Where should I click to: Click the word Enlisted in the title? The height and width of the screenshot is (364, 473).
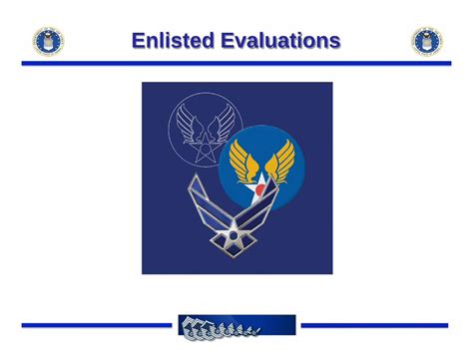click(173, 40)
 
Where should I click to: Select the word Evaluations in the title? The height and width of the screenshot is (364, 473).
click(280, 40)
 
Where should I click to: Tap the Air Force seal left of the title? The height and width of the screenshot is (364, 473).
click(48, 41)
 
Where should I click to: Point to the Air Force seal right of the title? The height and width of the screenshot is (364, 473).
click(427, 41)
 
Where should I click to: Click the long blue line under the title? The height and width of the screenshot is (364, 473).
click(236, 63)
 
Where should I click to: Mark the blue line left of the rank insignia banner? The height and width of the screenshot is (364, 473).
click(97, 325)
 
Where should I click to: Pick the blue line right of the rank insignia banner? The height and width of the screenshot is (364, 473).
click(374, 325)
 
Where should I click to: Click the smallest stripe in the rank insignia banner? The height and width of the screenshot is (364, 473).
click(255, 331)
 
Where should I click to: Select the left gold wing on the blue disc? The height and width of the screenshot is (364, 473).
click(243, 162)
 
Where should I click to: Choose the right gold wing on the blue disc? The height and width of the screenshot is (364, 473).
click(280, 162)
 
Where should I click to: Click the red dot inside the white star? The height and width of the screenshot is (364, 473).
click(260, 189)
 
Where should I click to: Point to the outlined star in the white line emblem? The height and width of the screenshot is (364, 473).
click(205, 149)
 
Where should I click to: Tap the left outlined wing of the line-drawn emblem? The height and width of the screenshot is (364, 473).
click(190, 123)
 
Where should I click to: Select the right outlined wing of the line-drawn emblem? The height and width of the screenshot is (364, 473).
click(221, 123)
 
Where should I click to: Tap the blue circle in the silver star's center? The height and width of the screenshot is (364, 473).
click(234, 235)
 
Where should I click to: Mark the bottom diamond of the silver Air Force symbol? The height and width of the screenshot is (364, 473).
click(234, 250)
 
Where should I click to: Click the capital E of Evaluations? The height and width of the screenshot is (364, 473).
click(229, 40)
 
